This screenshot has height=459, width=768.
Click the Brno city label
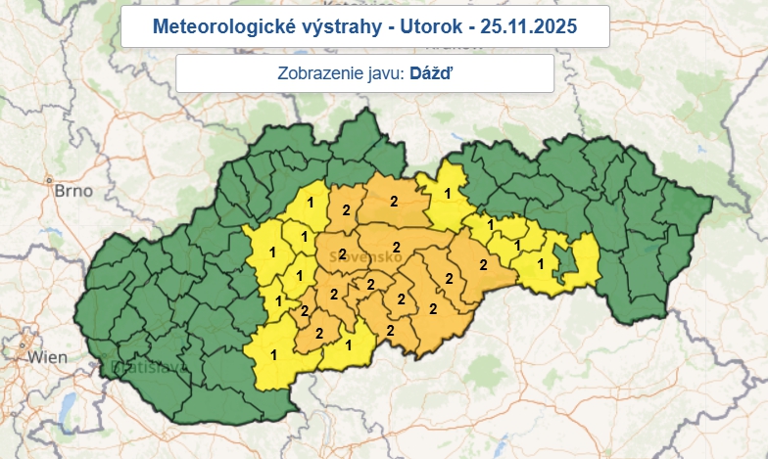tap(73, 190)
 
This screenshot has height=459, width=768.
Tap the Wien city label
tap(48, 357)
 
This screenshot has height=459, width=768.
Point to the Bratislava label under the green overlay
tap(147, 368)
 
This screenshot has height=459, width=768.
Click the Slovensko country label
tap(367, 256)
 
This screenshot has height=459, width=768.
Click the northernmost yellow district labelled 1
tap(448, 193)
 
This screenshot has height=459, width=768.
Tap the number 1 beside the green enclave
tap(541, 263)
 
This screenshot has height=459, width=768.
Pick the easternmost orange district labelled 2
tap(482, 263)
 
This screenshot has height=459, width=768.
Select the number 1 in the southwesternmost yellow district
tap(273, 354)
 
